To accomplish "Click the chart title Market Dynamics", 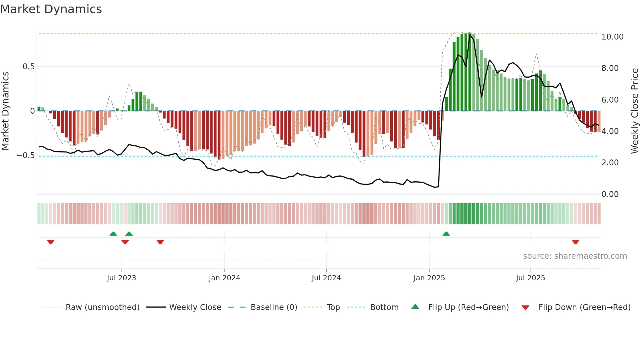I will (x=51, y=9).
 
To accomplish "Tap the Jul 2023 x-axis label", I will (x=121, y=278).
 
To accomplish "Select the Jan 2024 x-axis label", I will (x=224, y=278).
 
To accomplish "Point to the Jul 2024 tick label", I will (x=326, y=278).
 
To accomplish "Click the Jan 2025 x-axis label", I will (x=429, y=278).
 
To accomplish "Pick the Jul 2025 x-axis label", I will (x=530, y=278).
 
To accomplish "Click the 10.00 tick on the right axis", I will (x=612, y=37).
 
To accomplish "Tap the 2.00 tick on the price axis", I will (x=610, y=163).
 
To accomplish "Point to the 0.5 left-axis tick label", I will (x=28, y=67).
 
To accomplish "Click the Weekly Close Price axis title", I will (x=634, y=111).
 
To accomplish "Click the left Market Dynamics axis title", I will (x=5, y=111).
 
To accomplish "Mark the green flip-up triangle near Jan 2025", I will (x=446, y=234).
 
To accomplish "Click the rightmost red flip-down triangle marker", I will (x=575, y=242).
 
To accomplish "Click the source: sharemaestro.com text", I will (x=575, y=256).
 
